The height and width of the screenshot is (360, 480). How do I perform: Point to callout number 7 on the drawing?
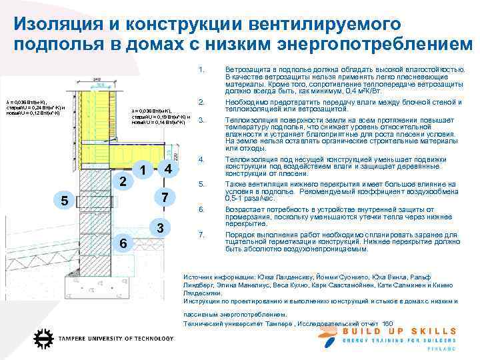click(165, 197)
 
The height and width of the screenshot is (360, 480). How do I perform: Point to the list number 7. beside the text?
click(201, 235)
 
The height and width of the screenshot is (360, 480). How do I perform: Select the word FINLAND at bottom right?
click(444, 349)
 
